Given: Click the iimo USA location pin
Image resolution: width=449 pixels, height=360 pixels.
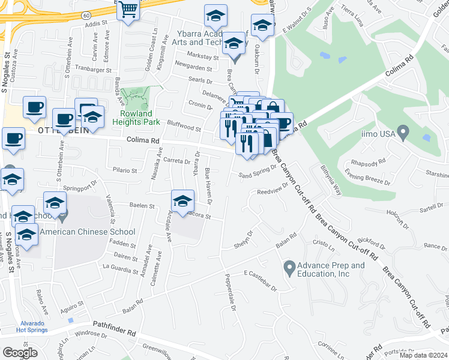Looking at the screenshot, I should point(403,130).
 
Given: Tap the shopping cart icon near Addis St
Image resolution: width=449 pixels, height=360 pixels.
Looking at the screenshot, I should point(128,10).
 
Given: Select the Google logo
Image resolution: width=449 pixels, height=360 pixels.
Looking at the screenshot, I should point(20,352).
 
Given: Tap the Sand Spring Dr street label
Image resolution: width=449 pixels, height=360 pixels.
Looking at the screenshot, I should point(257,173).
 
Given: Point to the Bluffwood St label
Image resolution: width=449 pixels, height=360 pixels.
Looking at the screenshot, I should point(184,127).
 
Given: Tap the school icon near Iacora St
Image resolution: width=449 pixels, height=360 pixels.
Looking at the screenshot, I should point(182,201).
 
